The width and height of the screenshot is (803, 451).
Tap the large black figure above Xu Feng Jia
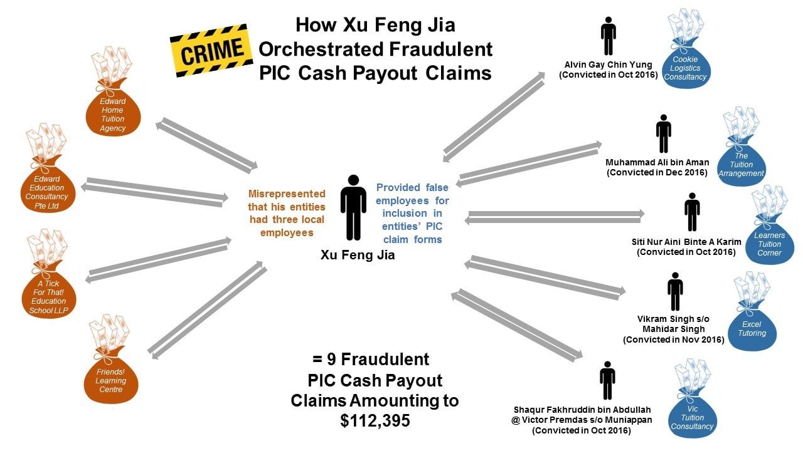tap(353, 207)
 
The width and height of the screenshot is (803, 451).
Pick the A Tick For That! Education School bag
tap(48, 294)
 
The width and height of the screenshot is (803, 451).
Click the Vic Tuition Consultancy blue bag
tap(692, 416)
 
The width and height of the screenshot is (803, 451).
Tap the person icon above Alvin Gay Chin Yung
tap(607, 36)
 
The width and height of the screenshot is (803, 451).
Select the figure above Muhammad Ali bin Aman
tap(663, 133)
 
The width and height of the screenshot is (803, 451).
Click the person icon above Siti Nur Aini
tap(692, 212)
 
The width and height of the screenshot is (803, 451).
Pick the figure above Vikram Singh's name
tap(675, 291)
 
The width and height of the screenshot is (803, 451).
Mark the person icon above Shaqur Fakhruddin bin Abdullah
tap(607, 380)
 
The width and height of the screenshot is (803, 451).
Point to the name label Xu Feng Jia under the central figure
tap(358, 255)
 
